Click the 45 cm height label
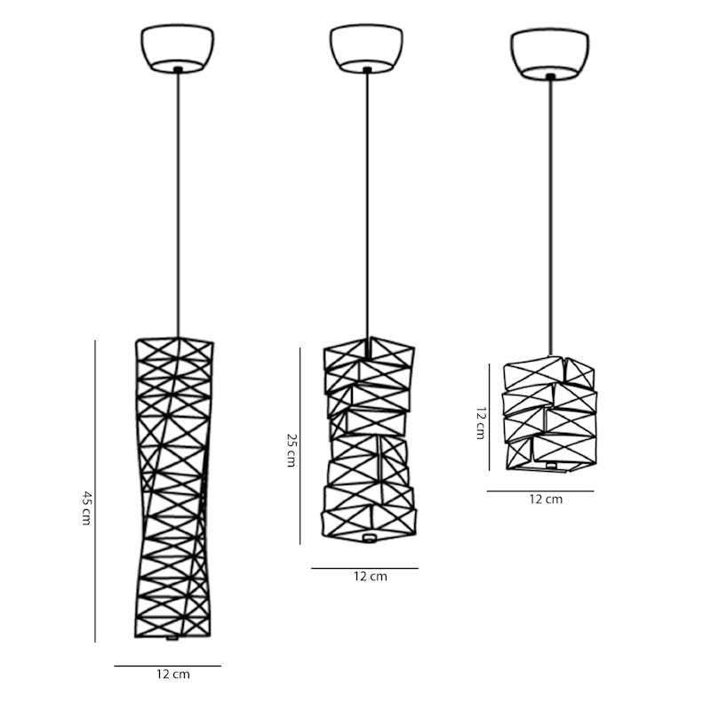tap(86, 507)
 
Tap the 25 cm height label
tap(292, 451)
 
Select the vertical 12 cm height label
tap(481, 423)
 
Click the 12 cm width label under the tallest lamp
tap(173, 675)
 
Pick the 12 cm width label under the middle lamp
tap(371, 576)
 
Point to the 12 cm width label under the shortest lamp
tap(546, 499)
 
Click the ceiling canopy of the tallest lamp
tap(177, 49)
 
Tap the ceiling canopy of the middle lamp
tap(366, 49)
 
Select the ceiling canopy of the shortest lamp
tap(550, 54)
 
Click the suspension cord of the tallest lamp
tap(179, 205)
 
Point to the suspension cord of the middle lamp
tap(367, 205)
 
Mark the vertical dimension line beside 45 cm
tap(95, 491)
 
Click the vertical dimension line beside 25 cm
tap(300, 446)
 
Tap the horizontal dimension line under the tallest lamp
tap(167, 666)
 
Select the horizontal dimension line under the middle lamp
tap(364, 568)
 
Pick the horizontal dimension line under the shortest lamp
tap(540, 491)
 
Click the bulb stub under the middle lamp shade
tap(370, 538)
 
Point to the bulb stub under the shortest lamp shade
tap(551, 466)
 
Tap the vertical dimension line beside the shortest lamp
tap(489, 417)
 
